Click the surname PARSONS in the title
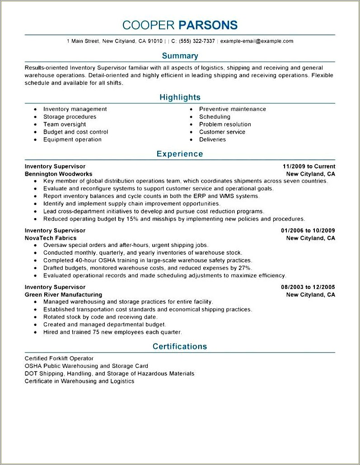[208, 25]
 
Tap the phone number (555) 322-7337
[197, 41]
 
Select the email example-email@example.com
[257, 41]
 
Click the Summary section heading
[180, 56]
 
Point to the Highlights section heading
[180, 97]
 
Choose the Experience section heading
[180, 154]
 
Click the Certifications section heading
[180, 346]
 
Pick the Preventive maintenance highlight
[233, 109]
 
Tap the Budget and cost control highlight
[75, 132]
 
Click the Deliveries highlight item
[212, 140]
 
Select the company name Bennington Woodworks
[58, 174]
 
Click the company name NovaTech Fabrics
[51, 238]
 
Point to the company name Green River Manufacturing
[63, 295]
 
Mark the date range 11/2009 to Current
[309, 166]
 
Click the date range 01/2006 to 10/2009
[308, 230]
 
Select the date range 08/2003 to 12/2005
[308, 287]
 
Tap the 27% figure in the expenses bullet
[244, 268]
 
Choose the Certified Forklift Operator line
[59, 358]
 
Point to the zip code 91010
[155, 41]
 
